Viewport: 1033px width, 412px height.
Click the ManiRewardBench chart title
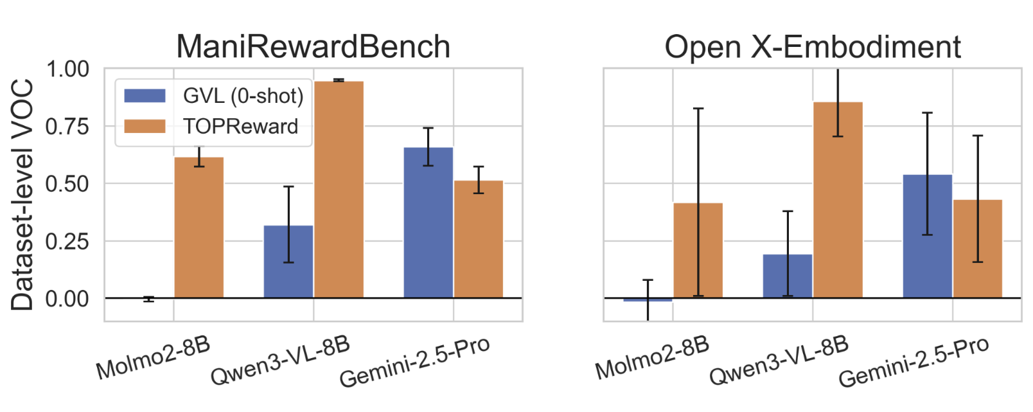coord(313,47)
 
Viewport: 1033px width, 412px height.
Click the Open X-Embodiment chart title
coord(812,47)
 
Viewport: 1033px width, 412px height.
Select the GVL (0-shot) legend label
coord(243,96)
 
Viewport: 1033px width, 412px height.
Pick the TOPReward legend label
coord(240,126)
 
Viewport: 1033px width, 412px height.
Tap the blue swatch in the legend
coord(145,96)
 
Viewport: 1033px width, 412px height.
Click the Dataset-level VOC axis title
coord(22,194)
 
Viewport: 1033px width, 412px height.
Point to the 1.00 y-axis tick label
coord(67,69)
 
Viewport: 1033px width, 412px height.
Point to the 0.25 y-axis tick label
coord(67,241)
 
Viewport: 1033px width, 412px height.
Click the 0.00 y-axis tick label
coord(67,298)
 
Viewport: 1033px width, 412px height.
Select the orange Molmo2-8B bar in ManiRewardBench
coord(199,228)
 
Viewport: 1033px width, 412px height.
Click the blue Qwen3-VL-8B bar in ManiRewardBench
coord(288,262)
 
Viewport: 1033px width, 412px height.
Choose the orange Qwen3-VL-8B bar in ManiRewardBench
coord(339,190)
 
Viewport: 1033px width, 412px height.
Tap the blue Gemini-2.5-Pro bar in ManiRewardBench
coord(428,222)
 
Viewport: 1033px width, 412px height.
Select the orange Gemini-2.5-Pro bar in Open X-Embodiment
coord(977,249)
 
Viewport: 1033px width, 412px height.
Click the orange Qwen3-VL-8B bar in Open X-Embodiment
coord(838,200)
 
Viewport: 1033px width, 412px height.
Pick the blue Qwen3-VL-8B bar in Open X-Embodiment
coord(788,276)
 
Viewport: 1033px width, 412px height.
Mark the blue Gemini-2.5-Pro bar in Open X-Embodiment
coord(927,236)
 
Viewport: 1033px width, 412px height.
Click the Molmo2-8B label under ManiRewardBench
coord(153,357)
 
